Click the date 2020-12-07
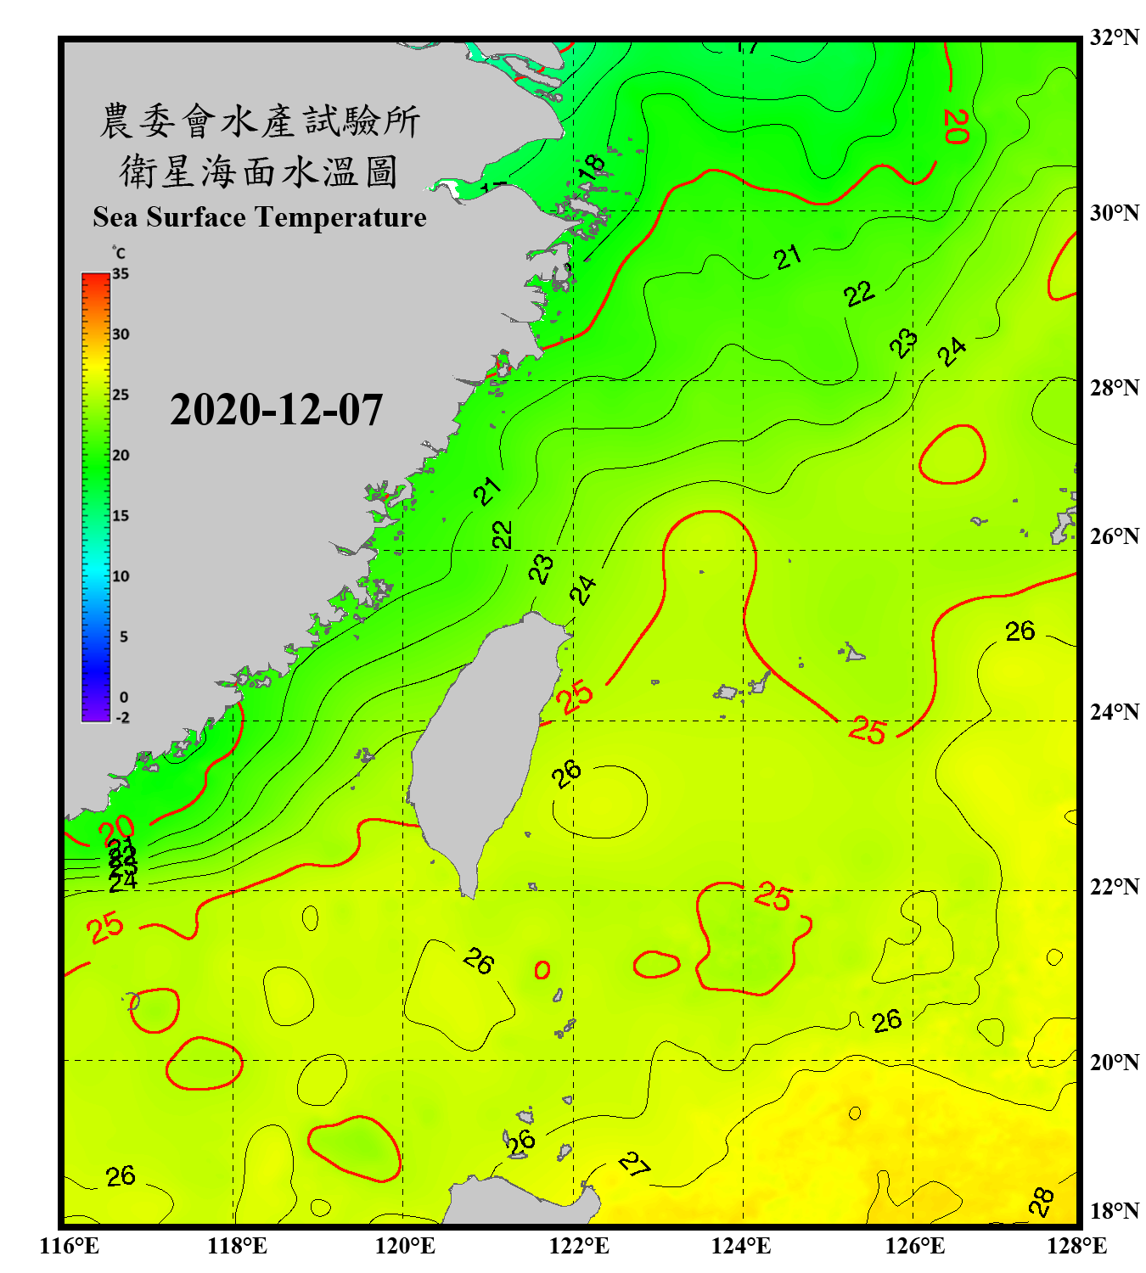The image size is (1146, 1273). pyautogui.click(x=276, y=410)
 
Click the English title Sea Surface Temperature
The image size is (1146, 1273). pyautogui.click(x=260, y=217)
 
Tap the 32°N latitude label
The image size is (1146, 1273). pyautogui.click(x=1114, y=37)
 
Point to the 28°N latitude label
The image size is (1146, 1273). pyautogui.click(x=1114, y=388)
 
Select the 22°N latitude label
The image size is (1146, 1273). pyautogui.click(x=1114, y=887)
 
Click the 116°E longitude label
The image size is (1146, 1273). pyautogui.click(x=69, y=1246)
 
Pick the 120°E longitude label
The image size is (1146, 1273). pyautogui.click(x=405, y=1246)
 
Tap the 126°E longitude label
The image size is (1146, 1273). pyautogui.click(x=914, y=1246)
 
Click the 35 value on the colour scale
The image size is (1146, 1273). pyautogui.click(x=121, y=274)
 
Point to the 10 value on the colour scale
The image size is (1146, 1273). pyautogui.click(x=121, y=576)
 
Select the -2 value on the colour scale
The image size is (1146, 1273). pyautogui.click(x=122, y=718)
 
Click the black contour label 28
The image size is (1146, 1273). pyautogui.click(x=1042, y=1201)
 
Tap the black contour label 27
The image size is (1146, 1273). pyautogui.click(x=634, y=1164)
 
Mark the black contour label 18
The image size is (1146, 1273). pyautogui.click(x=592, y=166)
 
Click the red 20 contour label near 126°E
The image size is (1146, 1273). pyautogui.click(x=956, y=126)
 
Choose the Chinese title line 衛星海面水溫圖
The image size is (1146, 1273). pyautogui.click(x=259, y=171)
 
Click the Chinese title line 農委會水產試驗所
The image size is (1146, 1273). pyautogui.click(x=259, y=121)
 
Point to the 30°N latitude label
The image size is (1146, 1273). pyautogui.click(x=1114, y=213)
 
